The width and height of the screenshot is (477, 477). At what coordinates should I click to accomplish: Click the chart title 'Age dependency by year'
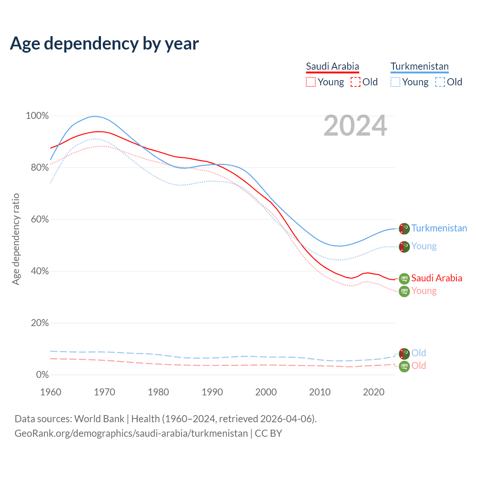pos(104,44)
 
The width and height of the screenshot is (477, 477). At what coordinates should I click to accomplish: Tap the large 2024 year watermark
pos(355,126)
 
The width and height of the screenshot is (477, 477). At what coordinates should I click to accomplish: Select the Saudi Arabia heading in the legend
pos(332,66)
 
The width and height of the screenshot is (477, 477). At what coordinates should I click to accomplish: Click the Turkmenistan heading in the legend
pos(419,66)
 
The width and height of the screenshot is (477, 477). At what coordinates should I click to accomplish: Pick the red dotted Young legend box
pos(310,82)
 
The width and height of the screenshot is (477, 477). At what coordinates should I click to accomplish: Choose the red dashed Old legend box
pos(356,82)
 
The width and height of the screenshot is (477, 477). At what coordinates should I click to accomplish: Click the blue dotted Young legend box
pos(395,82)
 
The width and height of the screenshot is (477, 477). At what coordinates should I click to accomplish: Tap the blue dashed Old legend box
pos(440,82)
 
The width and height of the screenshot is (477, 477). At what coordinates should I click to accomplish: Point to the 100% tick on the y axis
pos(37,116)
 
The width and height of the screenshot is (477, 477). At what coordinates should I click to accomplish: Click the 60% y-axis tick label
pos(40,219)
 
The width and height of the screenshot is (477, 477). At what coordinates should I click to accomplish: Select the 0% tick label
pos(42,375)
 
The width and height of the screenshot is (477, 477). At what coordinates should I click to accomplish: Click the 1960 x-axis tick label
pos(51,392)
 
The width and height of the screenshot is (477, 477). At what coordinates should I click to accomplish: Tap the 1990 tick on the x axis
pos(212,392)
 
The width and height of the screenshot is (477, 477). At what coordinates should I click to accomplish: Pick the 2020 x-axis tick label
pos(374,392)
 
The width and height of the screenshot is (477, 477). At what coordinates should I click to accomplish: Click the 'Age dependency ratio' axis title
pos(16,239)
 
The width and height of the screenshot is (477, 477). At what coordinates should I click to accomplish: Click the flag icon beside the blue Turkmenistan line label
pos(404,228)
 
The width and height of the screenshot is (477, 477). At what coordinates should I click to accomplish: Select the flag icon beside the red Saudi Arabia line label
pos(404,278)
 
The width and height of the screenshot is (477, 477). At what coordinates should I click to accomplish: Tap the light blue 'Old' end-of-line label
pos(418,353)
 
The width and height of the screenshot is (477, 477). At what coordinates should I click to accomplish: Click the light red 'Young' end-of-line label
pos(424,291)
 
